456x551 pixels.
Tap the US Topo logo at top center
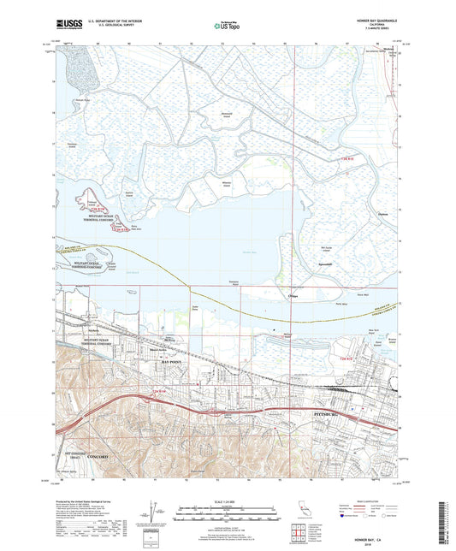pyautogui.click(x=227, y=27)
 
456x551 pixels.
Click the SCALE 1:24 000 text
pyautogui.click(x=227, y=501)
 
